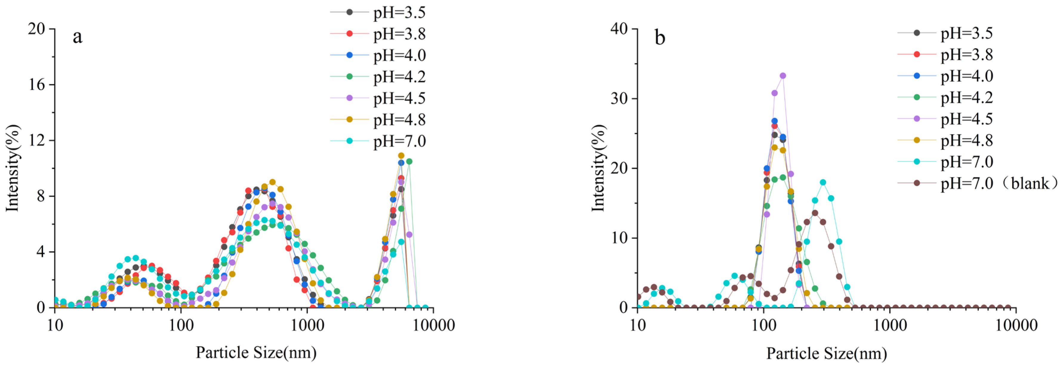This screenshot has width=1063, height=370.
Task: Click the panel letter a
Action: (77, 37)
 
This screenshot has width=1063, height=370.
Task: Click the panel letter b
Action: (660, 38)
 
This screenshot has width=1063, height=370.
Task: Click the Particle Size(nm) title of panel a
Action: (256, 353)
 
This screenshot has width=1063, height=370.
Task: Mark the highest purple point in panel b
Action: (783, 76)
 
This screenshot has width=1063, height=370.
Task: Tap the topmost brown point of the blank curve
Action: (815, 213)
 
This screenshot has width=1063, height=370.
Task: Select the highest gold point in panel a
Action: (401, 156)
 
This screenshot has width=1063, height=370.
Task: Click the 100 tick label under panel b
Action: (764, 326)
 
